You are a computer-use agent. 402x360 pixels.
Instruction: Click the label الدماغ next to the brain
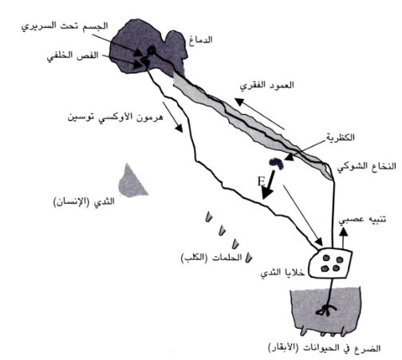coord(201,40)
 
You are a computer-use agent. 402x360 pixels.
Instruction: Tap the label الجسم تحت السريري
coord(65,26)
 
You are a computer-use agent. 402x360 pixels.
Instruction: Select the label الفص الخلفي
coord(73,56)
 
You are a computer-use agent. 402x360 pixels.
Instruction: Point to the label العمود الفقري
coord(267,85)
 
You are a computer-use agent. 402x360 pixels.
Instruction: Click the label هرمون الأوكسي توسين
coord(115,117)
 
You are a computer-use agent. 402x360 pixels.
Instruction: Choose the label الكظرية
coord(341,137)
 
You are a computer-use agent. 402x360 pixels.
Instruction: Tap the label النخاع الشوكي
coord(367,167)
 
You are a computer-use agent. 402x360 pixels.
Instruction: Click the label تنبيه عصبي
coord(362,220)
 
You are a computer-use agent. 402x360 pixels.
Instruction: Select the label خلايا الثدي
coord(282,272)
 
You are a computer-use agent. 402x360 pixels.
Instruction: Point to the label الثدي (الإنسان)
coord(84,202)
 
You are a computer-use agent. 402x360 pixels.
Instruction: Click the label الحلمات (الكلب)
coord(211,258)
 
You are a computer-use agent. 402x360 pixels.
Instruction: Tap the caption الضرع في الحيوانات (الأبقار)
coord(324,347)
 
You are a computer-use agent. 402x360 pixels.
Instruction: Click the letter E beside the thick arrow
coord(262,182)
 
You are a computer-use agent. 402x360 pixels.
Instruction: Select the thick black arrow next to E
coord(269,184)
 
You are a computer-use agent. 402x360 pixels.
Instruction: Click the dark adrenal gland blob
coord(277,163)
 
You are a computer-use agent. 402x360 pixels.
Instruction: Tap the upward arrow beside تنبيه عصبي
coord(344,239)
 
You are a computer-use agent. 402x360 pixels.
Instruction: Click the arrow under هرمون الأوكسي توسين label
coord(172,117)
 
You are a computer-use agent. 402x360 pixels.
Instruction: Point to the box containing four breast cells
coord(330,263)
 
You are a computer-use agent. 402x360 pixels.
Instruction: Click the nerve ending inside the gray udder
coord(326,310)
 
